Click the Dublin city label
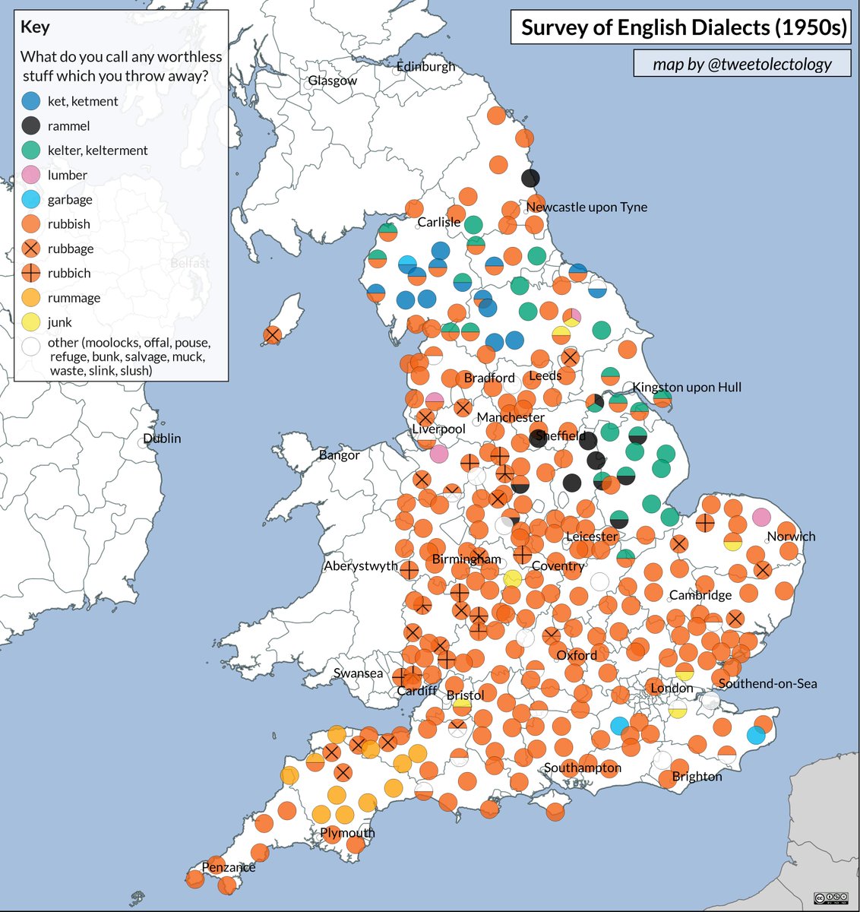pyautogui.click(x=163, y=438)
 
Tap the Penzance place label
pyautogui.click(x=228, y=866)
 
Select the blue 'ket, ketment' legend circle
pyautogui.click(x=32, y=101)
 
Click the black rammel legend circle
pyautogui.click(x=32, y=125)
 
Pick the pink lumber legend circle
pyautogui.click(x=32, y=175)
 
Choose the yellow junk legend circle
pyautogui.click(x=32, y=322)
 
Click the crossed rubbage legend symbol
pyautogui.click(x=32, y=249)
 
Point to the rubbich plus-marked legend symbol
pyautogui.click(x=32, y=273)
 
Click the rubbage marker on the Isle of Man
pyautogui.click(x=272, y=335)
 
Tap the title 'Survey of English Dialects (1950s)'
pyautogui.click(x=684, y=28)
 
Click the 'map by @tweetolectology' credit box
pyautogui.click(x=742, y=65)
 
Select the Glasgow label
pyautogui.click(x=332, y=81)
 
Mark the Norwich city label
pyautogui.click(x=791, y=536)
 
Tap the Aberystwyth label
pyautogui.click(x=361, y=565)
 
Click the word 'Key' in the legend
pyautogui.click(x=35, y=27)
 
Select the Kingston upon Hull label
pyautogui.click(x=687, y=387)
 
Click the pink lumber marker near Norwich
pyautogui.click(x=761, y=518)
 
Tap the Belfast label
pyautogui.click(x=190, y=262)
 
